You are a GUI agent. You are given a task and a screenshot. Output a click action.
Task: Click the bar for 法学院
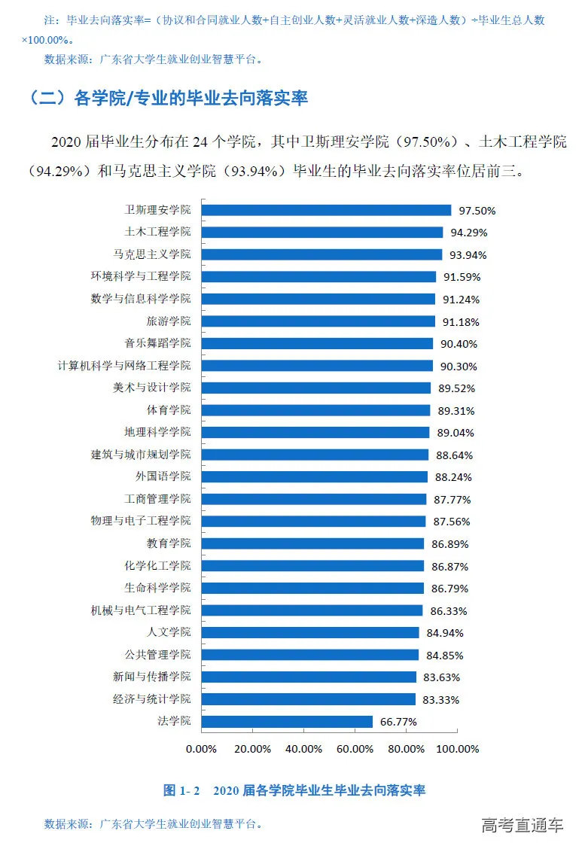[288, 722]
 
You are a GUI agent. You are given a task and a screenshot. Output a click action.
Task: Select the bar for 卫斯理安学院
[327, 210]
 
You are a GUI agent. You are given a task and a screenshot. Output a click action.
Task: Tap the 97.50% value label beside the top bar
[480, 211]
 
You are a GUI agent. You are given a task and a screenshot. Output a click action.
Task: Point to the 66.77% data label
[398, 722]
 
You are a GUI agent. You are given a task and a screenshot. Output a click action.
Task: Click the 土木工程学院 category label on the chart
[157, 232]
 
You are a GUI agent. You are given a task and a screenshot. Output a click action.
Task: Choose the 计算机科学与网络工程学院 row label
[124, 365]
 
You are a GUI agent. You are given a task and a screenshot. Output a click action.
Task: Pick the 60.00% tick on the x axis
[355, 749]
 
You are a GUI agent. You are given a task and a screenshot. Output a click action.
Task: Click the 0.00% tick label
[201, 749]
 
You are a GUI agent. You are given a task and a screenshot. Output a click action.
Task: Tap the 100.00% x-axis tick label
[458, 749]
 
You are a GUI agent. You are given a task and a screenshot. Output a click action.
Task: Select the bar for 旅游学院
[318, 321]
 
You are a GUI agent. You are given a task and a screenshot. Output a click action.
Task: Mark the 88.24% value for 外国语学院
[455, 477]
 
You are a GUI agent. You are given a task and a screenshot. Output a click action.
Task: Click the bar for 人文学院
[310, 632]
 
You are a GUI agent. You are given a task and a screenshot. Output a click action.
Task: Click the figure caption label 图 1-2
[181, 791]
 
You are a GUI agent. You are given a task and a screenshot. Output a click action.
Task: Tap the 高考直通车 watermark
[523, 825]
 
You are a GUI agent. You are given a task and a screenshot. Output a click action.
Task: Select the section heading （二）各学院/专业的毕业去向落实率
[166, 99]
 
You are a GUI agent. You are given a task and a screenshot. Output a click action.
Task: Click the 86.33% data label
[449, 610]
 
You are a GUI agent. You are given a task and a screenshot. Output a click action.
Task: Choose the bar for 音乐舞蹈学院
[318, 343]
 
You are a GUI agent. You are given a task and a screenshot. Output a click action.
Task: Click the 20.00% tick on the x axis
[252, 749]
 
